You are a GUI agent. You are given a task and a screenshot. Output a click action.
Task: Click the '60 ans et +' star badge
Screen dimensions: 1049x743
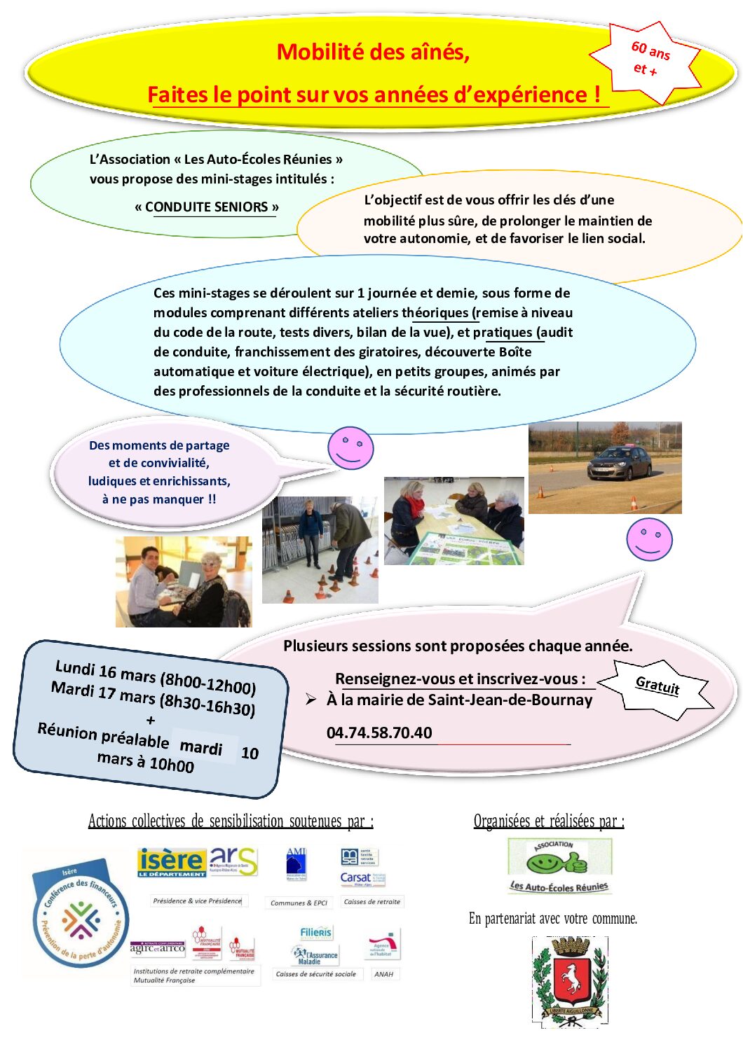tap(649, 60)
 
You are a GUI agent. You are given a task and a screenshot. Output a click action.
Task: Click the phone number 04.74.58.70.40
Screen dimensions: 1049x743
tap(379, 732)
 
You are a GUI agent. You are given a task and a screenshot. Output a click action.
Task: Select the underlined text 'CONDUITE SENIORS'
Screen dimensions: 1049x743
tap(207, 207)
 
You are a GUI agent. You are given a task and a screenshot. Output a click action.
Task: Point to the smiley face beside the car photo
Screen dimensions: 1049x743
tap(649, 539)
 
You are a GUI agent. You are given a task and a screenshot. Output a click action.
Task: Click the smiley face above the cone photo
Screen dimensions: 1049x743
tap(350, 447)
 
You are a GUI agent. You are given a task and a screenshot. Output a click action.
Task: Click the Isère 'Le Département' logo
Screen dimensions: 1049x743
tap(172, 862)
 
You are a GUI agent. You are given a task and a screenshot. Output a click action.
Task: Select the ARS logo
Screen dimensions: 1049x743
tap(233, 861)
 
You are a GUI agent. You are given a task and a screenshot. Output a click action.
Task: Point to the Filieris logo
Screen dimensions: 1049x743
tap(315, 932)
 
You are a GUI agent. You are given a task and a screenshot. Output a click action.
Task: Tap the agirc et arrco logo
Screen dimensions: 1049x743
tap(157, 948)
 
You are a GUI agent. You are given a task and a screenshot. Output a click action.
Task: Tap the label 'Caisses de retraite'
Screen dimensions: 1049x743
tap(371, 902)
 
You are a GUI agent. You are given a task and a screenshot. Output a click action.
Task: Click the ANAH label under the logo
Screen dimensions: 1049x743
tap(383, 974)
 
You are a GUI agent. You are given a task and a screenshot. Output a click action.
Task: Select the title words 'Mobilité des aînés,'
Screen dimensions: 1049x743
tap(373, 52)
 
